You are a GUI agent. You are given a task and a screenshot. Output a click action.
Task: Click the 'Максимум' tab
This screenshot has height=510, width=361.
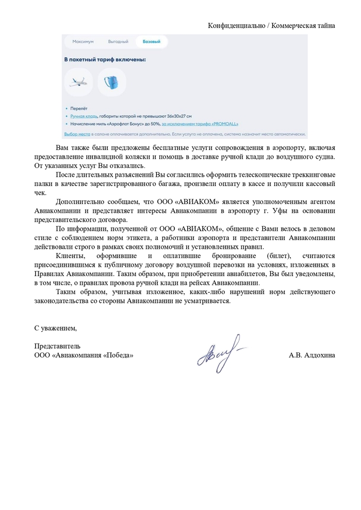[x=83, y=41]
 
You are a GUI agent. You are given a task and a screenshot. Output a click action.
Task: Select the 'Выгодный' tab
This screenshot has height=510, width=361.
[x=118, y=41]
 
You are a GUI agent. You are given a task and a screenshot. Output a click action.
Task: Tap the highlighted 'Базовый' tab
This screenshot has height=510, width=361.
[x=151, y=41]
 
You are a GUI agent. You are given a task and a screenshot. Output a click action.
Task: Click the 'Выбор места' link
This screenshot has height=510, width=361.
[x=77, y=134]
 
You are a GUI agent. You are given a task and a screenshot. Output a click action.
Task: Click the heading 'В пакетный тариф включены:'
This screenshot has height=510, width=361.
[x=105, y=60]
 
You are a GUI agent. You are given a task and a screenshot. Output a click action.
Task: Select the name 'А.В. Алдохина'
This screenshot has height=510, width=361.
[x=311, y=355]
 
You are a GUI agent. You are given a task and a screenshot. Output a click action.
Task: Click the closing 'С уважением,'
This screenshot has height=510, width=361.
[x=55, y=328]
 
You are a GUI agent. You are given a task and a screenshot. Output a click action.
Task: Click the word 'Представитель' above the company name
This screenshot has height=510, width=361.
[x=57, y=346]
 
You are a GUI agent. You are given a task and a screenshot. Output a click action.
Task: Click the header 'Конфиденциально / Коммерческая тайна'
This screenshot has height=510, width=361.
[x=271, y=25]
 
